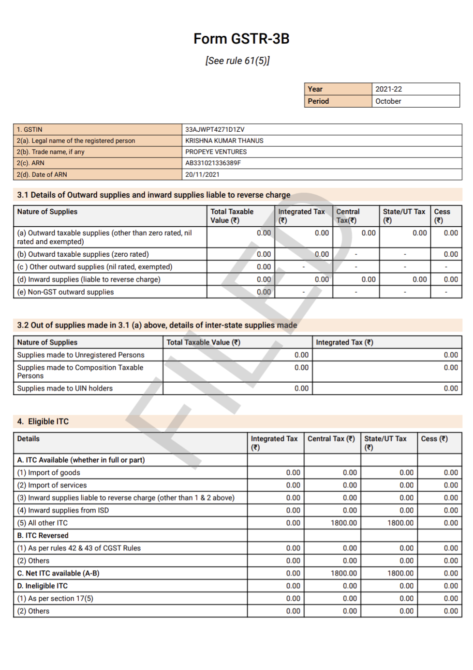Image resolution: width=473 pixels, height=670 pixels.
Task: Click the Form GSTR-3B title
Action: pos(241,39)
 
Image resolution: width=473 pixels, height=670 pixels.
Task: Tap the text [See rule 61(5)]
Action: pos(237,61)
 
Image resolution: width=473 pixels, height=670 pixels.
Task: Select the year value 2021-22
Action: pos(388,89)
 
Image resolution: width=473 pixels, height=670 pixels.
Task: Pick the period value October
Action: pos(388,101)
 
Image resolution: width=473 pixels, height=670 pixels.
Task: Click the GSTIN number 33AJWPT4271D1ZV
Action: pos(215,129)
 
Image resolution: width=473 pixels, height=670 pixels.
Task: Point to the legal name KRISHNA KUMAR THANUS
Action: pos(224,140)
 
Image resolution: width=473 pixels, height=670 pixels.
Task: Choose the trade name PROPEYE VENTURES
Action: pos(216,152)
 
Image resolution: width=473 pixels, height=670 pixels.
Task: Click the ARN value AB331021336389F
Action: pos(213,163)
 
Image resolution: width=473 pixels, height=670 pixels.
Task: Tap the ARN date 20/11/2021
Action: pos(202,174)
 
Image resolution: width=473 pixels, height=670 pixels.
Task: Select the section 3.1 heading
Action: pos(154,195)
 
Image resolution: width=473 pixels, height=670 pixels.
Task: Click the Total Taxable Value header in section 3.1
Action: pos(232,216)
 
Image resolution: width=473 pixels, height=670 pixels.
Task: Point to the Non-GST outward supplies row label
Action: pos(65,292)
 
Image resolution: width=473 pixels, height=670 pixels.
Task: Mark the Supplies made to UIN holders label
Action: pos(65,389)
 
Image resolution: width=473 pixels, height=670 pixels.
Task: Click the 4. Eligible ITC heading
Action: pos(43,421)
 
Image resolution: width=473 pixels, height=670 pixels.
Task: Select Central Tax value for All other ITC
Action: pos(343,523)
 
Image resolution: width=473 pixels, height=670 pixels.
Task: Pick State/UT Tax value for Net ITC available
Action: pos(400,574)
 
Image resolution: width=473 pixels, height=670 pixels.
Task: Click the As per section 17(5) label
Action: pos(55,599)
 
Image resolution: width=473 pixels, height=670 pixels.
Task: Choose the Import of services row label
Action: pos(52,485)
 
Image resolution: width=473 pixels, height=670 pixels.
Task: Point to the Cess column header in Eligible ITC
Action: pos(434,439)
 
